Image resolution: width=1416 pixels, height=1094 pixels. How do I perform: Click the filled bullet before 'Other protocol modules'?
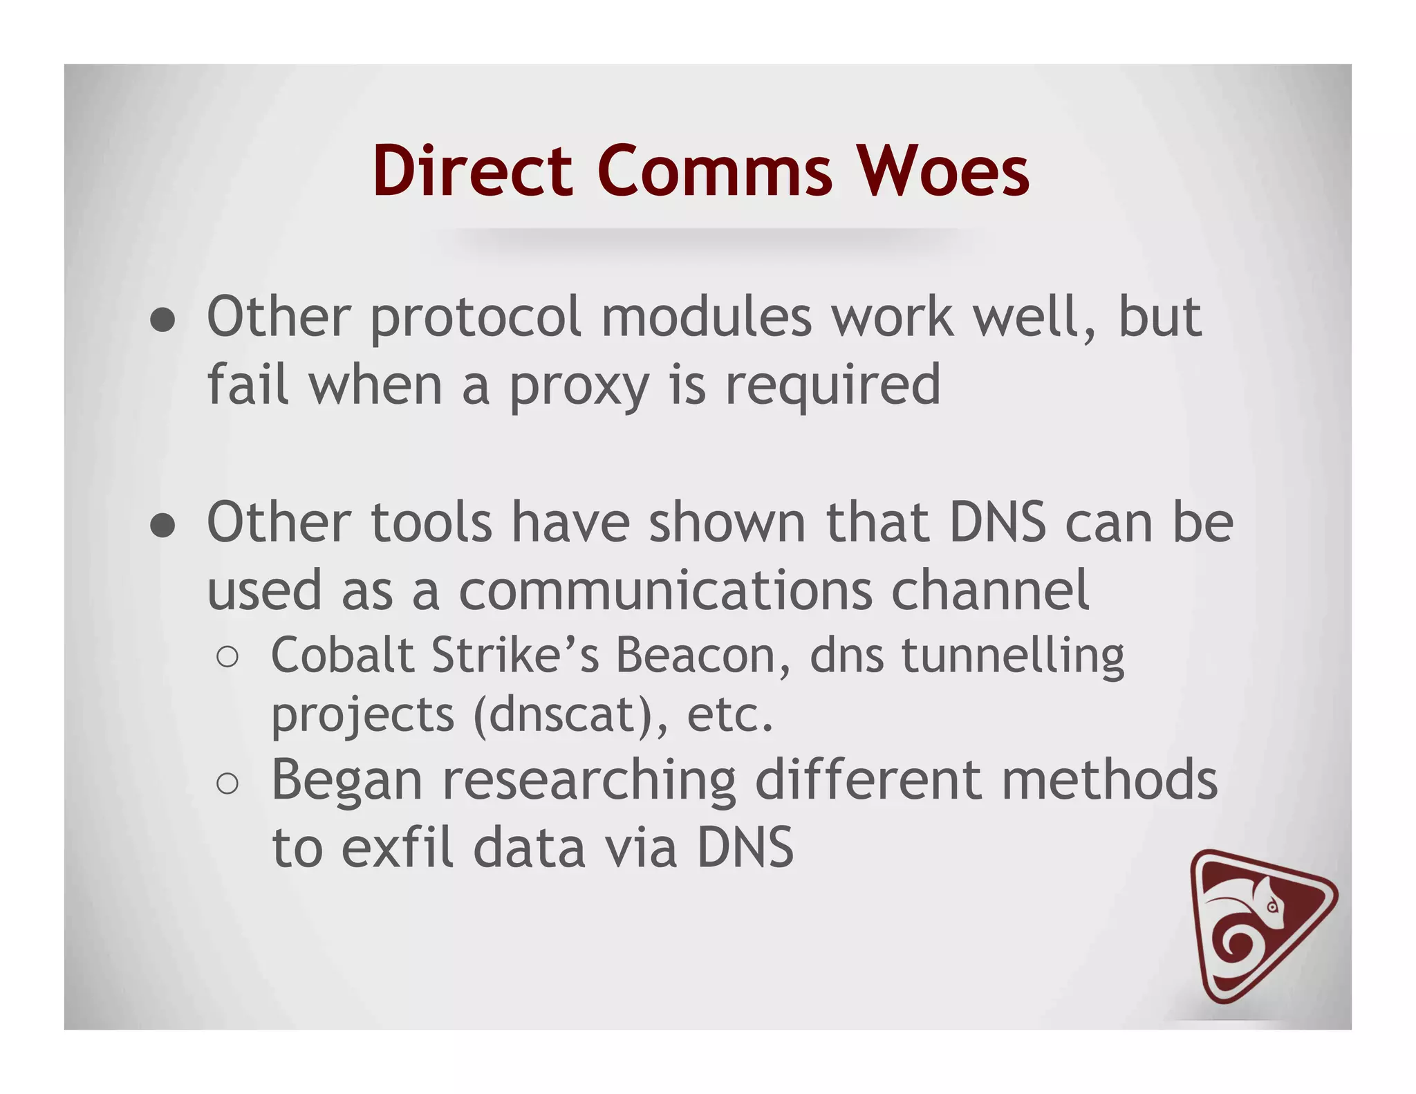coord(162,319)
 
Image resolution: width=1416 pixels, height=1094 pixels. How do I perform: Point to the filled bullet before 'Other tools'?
coord(162,525)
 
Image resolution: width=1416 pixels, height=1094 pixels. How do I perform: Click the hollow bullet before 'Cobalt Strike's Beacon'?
coord(227,657)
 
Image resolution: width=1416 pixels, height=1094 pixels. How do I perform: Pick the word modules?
coord(706,318)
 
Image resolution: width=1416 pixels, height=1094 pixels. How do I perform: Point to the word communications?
coord(666,591)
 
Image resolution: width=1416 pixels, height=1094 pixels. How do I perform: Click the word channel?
coord(990,591)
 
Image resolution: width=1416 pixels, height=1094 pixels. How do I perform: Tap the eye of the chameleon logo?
coord(1273,907)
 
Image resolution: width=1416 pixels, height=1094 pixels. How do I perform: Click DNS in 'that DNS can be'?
coord(998,523)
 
